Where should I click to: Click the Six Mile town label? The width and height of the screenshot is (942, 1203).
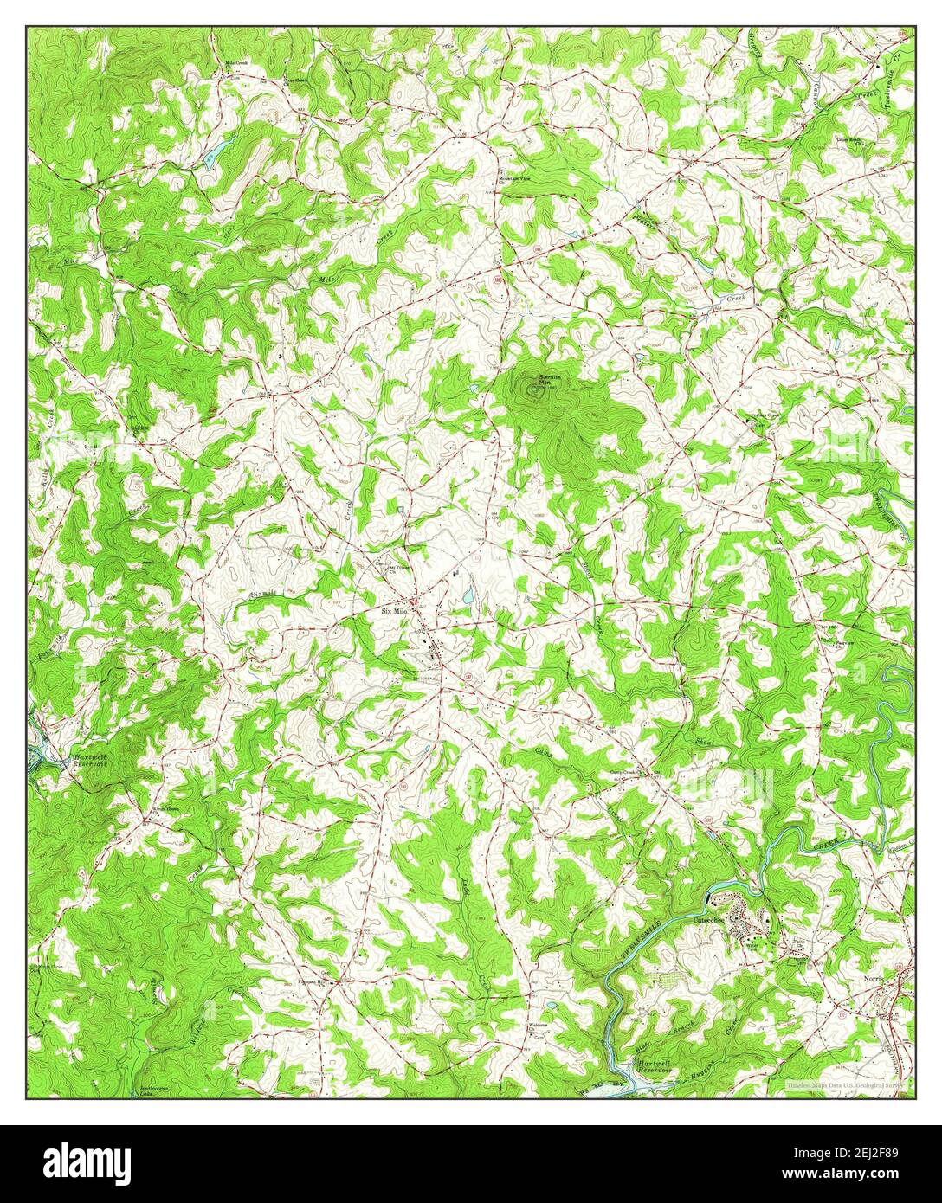pos(394,611)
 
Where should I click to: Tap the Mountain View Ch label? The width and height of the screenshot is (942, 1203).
pos(516,179)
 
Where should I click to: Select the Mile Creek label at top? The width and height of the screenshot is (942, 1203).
pos(236,64)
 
